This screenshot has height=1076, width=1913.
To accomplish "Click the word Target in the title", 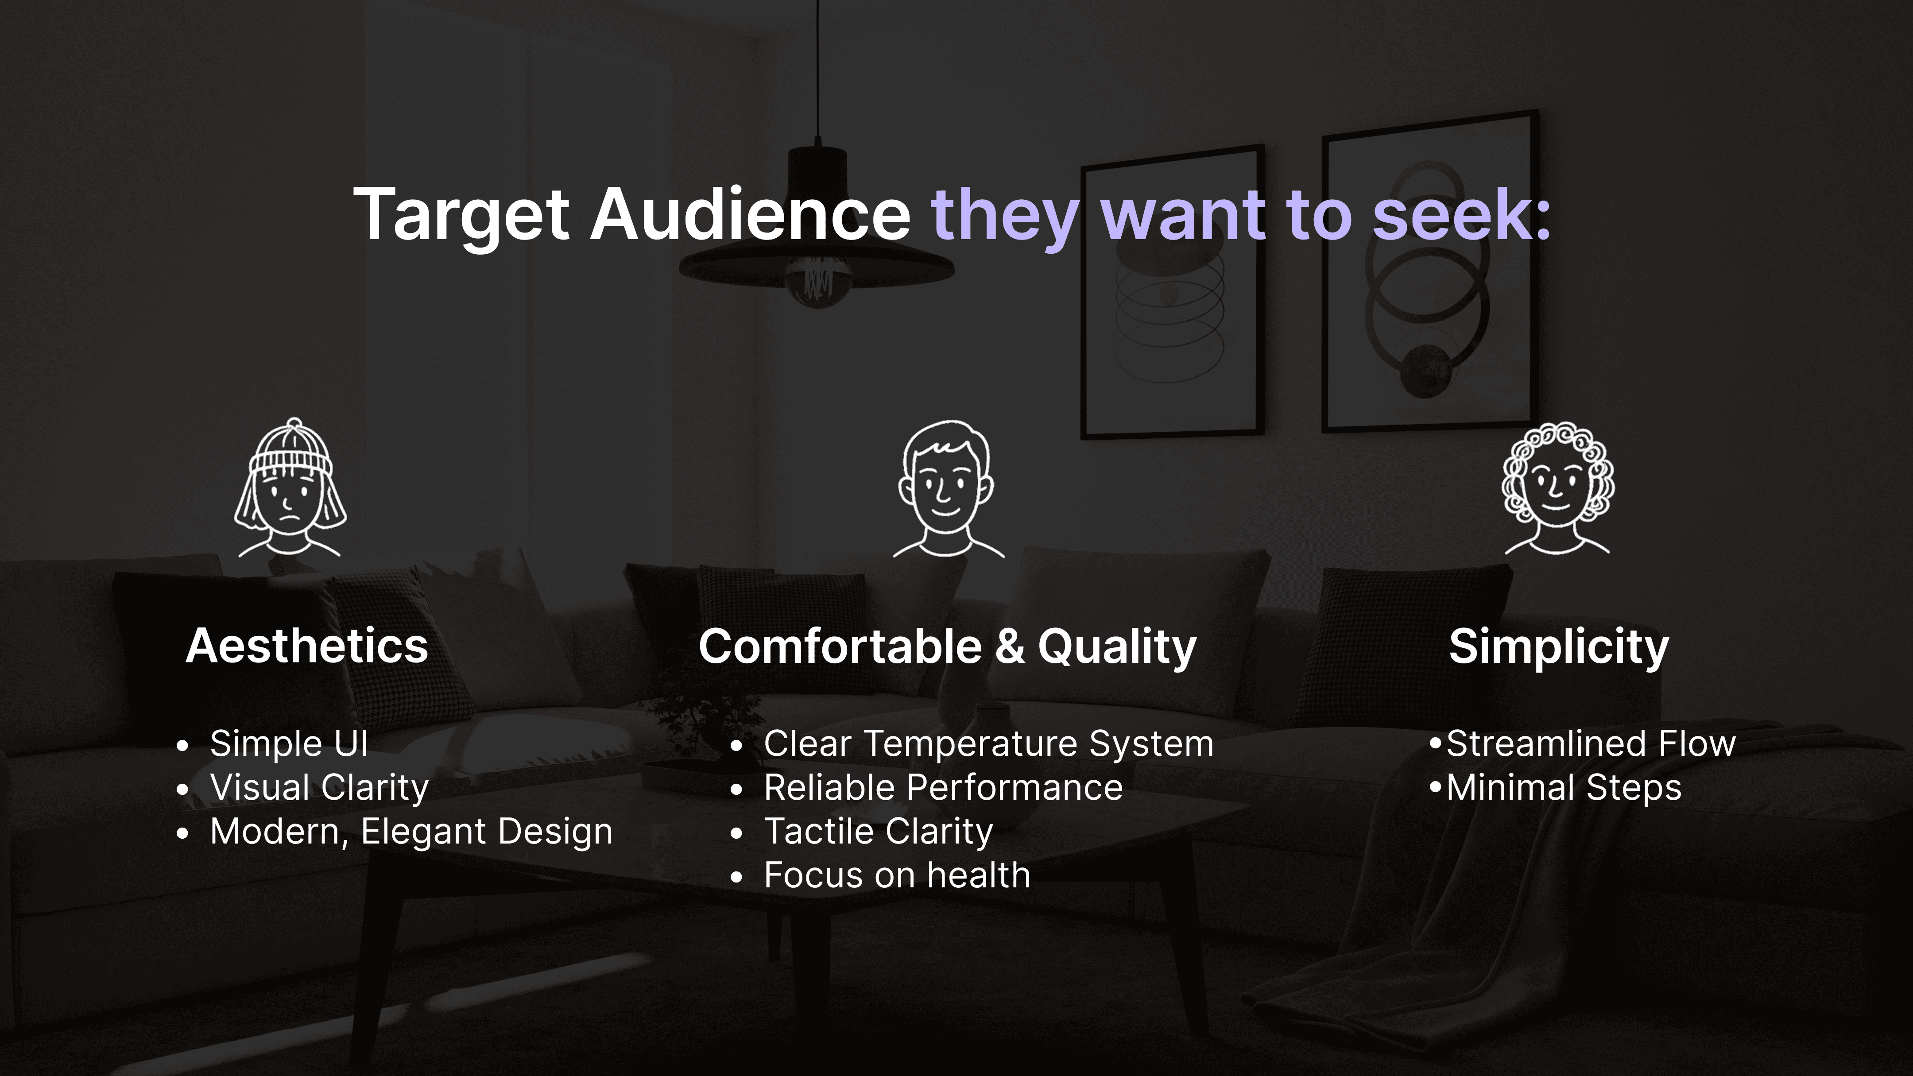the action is point(461,215).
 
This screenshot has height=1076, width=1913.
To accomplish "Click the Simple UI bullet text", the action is point(289,743).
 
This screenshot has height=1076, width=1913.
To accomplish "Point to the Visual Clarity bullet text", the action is point(319,788).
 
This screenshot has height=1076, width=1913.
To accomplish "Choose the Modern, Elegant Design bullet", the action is point(411,832).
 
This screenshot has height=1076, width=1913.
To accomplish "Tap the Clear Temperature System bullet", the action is point(988,744).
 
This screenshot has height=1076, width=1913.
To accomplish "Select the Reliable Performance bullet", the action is point(943,788).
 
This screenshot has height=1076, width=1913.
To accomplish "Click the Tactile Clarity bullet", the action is point(879,832).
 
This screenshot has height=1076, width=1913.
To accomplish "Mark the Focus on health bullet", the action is point(897,875).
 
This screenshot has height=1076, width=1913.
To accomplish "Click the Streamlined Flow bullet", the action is point(1591,743).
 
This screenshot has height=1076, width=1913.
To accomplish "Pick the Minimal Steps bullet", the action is point(1564,788).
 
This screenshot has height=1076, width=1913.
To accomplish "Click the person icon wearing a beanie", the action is point(290,487).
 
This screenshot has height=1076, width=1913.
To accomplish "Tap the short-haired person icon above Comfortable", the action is point(948,488).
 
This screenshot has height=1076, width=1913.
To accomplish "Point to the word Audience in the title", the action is point(750,215).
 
